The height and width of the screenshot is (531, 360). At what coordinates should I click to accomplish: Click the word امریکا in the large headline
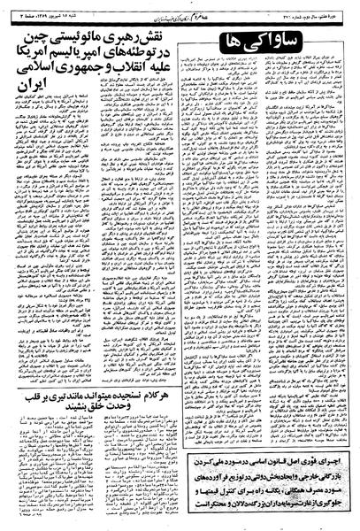(x=36, y=61)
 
